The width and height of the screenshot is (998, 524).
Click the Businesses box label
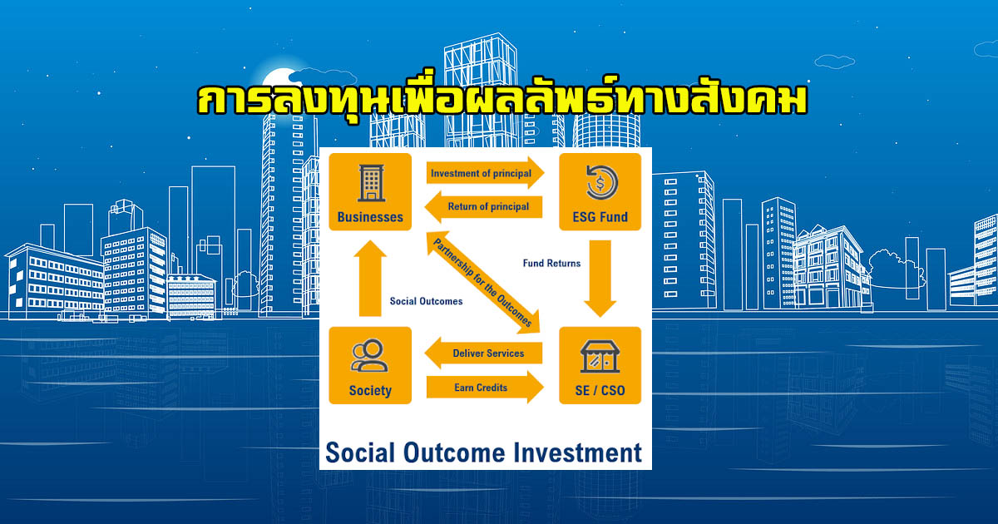[370, 217]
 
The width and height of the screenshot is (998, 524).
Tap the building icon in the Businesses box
[371, 183]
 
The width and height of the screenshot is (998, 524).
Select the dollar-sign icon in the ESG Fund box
[601, 183]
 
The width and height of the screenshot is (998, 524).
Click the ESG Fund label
[600, 217]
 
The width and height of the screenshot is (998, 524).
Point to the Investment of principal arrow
[485, 173]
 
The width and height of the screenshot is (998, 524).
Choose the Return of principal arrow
[483, 207]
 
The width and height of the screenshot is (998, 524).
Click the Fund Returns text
[551, 264]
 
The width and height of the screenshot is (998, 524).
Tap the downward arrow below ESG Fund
[600, 279]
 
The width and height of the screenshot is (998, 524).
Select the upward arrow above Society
[370, 279]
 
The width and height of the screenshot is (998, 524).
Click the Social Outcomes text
[426, 301]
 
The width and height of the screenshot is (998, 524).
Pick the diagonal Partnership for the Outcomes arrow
[483, 282]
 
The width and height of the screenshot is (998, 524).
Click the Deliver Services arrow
[483, 353]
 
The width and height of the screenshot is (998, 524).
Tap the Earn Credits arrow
[485, 388]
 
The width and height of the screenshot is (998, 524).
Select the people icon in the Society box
[369, 355]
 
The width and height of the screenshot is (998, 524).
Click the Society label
[370, 390]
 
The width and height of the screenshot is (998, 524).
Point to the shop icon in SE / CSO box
[600, 357]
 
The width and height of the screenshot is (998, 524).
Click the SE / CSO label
[600, 390]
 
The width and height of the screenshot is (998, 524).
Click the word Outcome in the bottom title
[454, 452]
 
